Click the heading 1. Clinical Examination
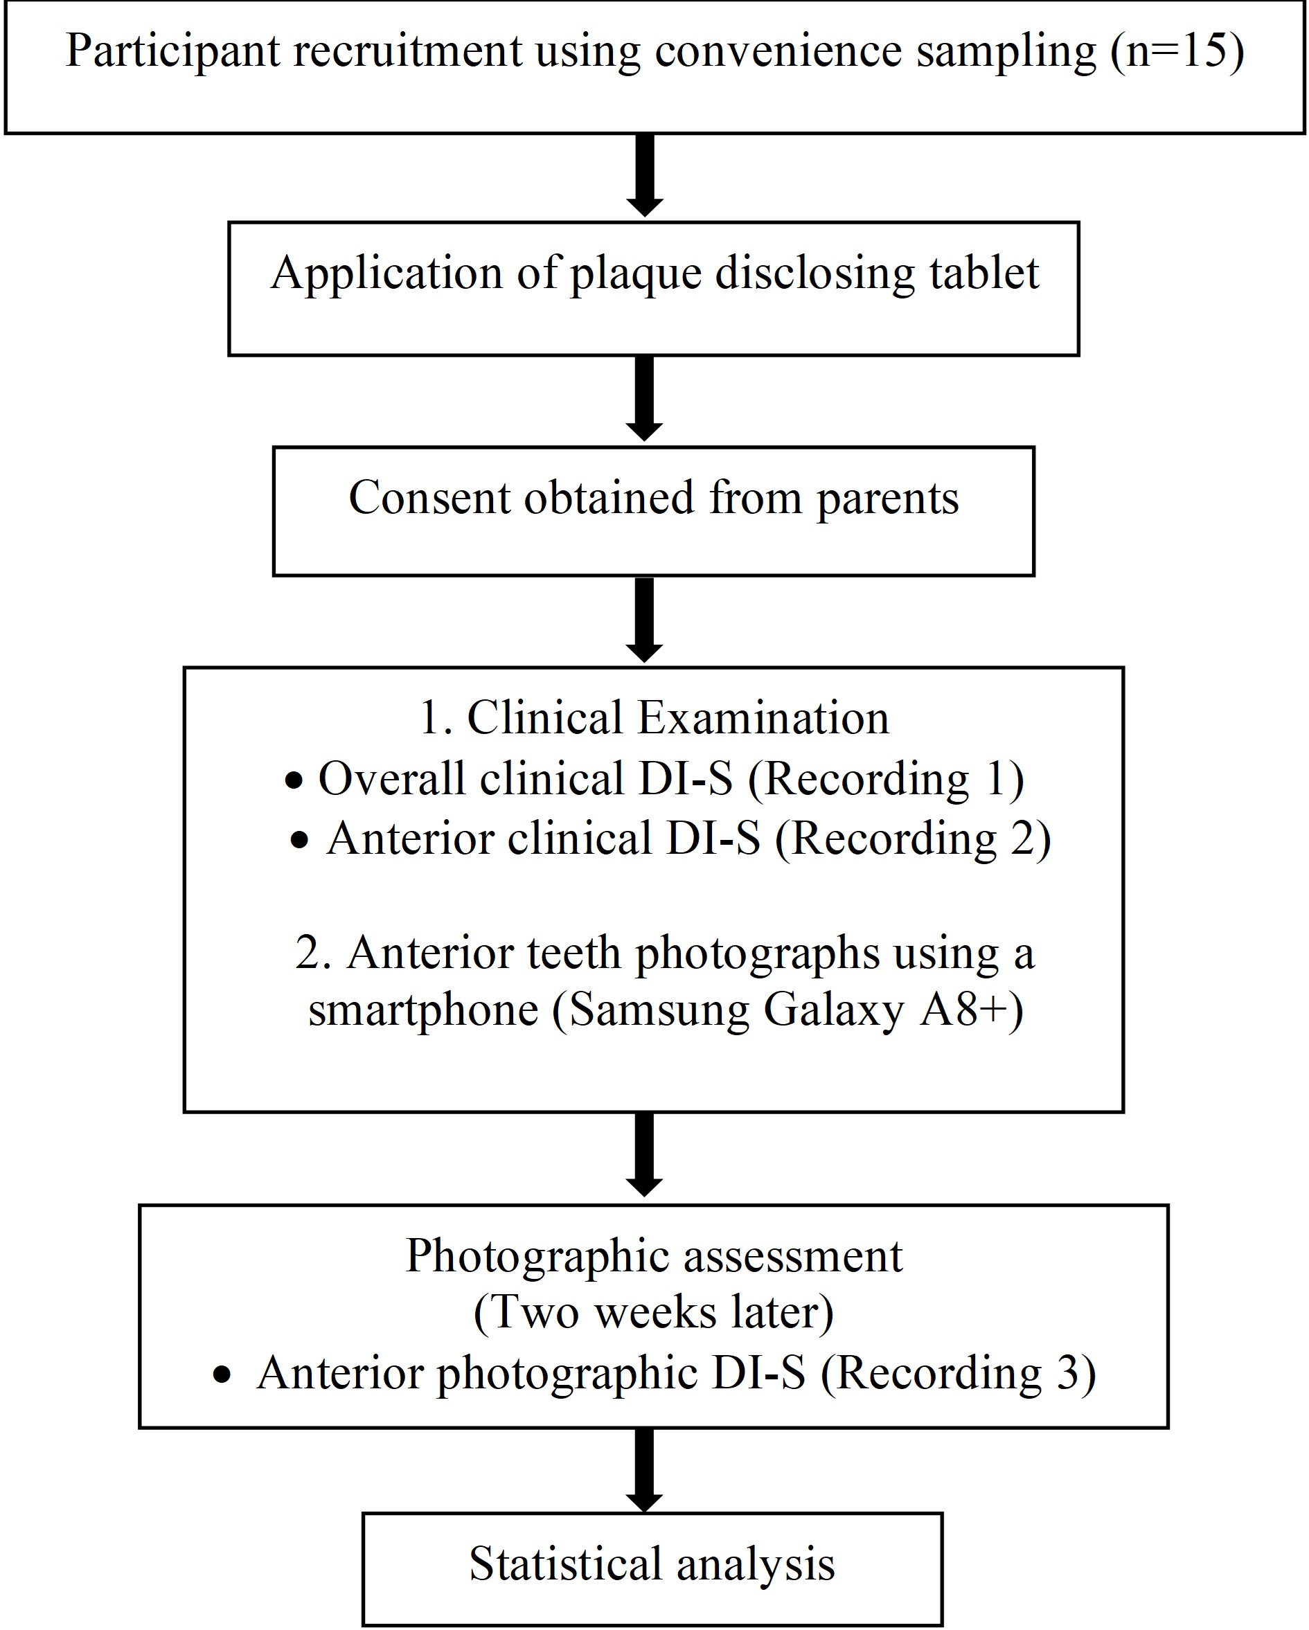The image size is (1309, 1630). point(653,717)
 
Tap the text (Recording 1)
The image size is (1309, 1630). point(886,779)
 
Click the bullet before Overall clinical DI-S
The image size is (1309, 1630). point(294,781)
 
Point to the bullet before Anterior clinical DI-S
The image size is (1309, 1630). point(299,841)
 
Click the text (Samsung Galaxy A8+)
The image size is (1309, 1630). point(787,1010)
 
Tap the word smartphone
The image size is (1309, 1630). point(422,1010)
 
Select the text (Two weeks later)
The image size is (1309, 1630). point(653,1314)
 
